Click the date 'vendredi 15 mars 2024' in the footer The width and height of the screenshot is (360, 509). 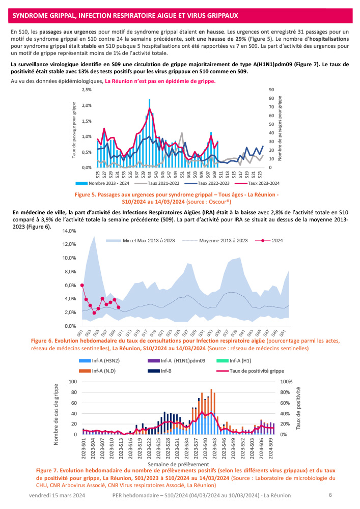pyautogui.click(x=57, y=495)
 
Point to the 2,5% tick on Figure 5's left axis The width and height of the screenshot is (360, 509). pyautogui.click(x=86, y=90)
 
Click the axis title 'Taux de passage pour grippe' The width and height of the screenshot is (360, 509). pyautogui.click(x=74, y=129)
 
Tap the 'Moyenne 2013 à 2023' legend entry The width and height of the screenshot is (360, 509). pyautogui.click(x=223, y=240)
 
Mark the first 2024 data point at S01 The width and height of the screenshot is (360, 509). pyautogui.click(x=82, y=285)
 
